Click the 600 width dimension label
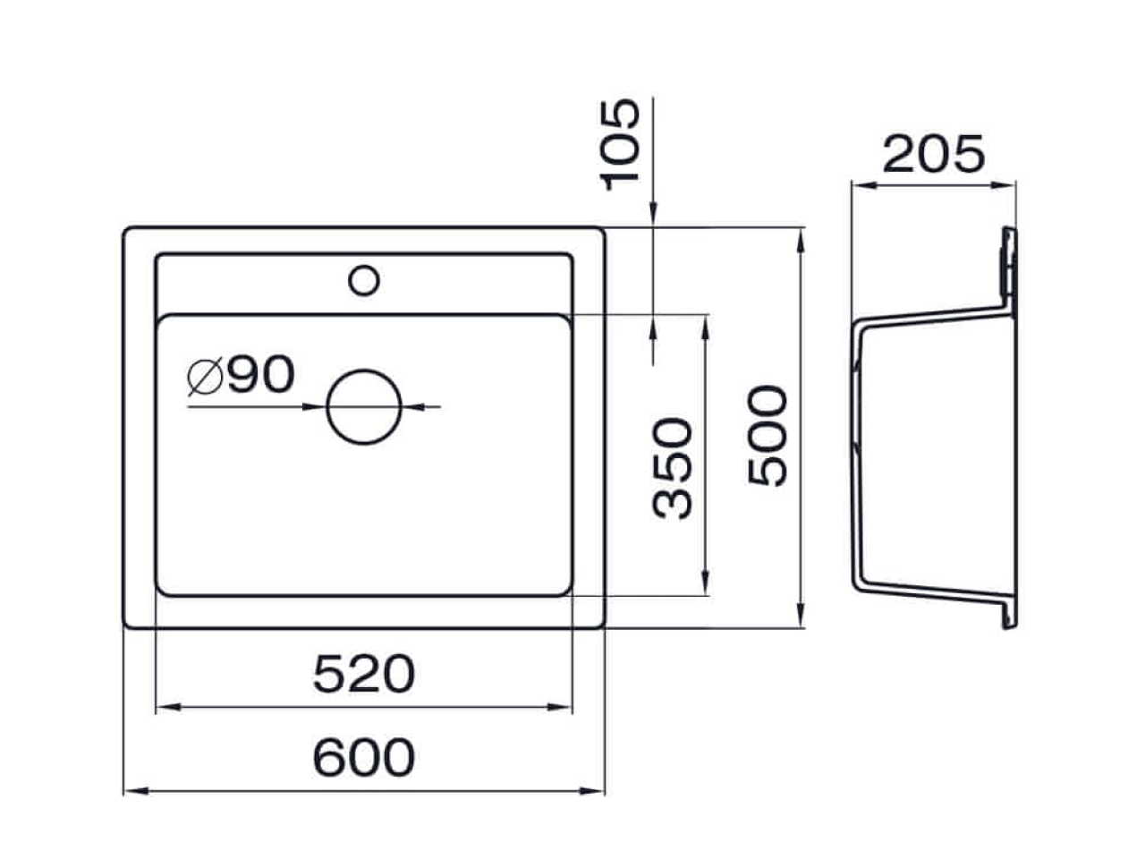363,756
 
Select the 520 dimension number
363,674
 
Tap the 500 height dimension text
767,436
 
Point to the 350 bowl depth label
673,468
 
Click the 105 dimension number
619,145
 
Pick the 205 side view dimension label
934,154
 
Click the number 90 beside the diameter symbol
261,374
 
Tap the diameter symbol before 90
205,375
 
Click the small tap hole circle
363,266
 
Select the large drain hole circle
363,370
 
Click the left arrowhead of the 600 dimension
137,791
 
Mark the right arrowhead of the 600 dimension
591,791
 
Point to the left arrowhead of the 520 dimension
169,707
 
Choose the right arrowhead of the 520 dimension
559,707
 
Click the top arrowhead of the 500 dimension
801,241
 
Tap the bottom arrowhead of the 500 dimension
801,615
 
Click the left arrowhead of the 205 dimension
864,184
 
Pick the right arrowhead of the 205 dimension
1003,184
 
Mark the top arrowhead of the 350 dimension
705,328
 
